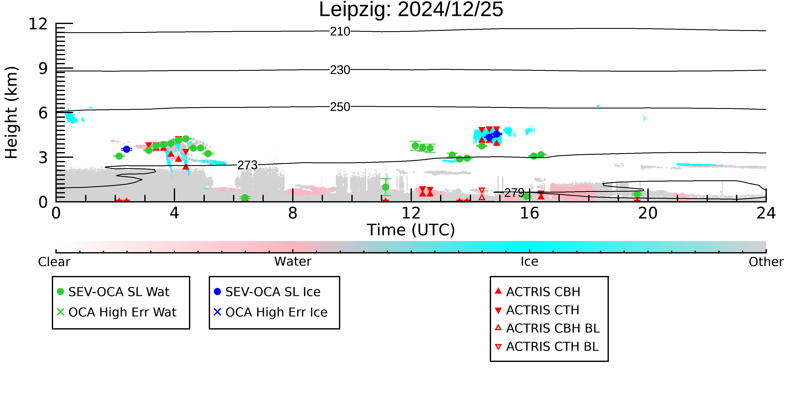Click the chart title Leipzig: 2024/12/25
411,10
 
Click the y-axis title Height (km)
12,112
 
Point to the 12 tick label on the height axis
38,24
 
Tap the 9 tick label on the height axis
43,69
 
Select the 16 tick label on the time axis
529,213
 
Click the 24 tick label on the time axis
766,213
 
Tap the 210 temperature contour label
340,32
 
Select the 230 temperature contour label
340,70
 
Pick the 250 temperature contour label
340,107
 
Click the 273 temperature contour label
248,165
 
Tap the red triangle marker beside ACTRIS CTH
498,310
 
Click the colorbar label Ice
529,262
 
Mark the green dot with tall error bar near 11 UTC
386,187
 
